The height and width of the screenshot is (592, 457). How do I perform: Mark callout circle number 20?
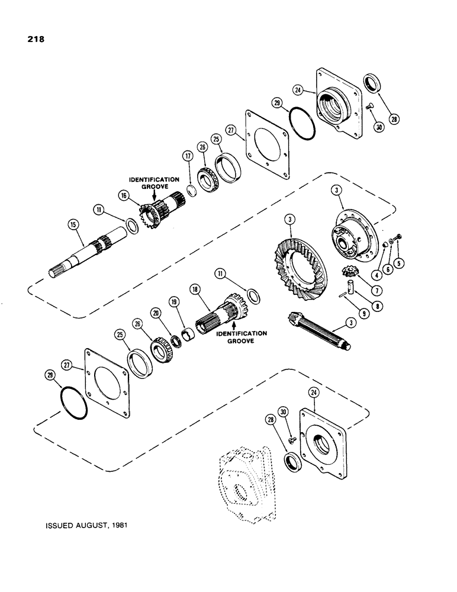pyautogui.click(x=155, y=329)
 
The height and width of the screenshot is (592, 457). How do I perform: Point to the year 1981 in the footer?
pyautogui.click(x=117, y=525)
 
